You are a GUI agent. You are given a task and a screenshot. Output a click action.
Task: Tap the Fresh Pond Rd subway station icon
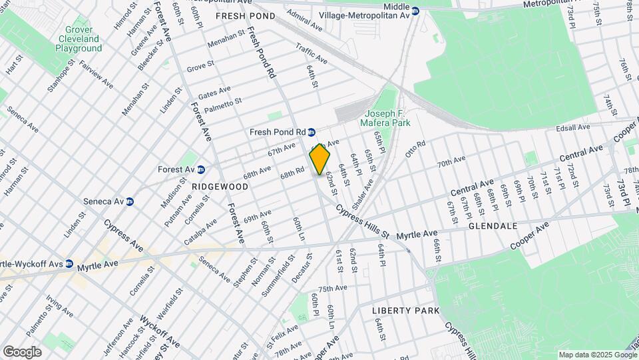click(311, 132)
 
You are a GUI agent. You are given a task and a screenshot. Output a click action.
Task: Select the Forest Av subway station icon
click(200, 169)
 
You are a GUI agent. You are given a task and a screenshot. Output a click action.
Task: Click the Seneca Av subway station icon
click(130, 201)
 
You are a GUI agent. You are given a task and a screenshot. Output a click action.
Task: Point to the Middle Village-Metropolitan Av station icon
click(415, 11)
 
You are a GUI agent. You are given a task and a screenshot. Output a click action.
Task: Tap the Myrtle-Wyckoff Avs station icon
click(69, 264)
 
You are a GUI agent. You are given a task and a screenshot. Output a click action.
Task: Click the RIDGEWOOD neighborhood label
click(215, 187)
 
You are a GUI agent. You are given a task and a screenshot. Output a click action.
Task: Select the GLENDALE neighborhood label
click(493, 226)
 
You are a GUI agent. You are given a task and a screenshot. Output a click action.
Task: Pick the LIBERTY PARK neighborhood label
click(406, 311)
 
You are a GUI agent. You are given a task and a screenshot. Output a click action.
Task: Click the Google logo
click(22, 352)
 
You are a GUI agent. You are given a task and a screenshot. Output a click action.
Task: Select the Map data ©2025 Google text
click(597, 355)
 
